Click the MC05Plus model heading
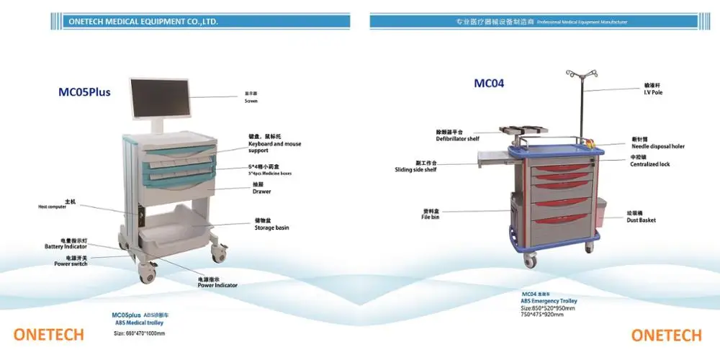[84, 92]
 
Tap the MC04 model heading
[489, 84]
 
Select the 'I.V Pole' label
[652, 92]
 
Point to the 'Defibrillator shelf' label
[457, 138]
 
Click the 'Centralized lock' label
[650, 164]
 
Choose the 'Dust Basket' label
[641, 220]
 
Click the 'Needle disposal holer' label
[657, 146]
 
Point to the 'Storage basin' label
[271, 228]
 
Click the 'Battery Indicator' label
[66, 246]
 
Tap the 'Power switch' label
[71, 264]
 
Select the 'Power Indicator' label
[217, 285]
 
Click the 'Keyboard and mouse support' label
[275, 147]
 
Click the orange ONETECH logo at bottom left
[48, 335]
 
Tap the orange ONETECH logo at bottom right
[666, 335]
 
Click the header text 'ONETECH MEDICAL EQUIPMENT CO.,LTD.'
[143, 22]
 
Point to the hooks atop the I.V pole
[580, 73]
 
